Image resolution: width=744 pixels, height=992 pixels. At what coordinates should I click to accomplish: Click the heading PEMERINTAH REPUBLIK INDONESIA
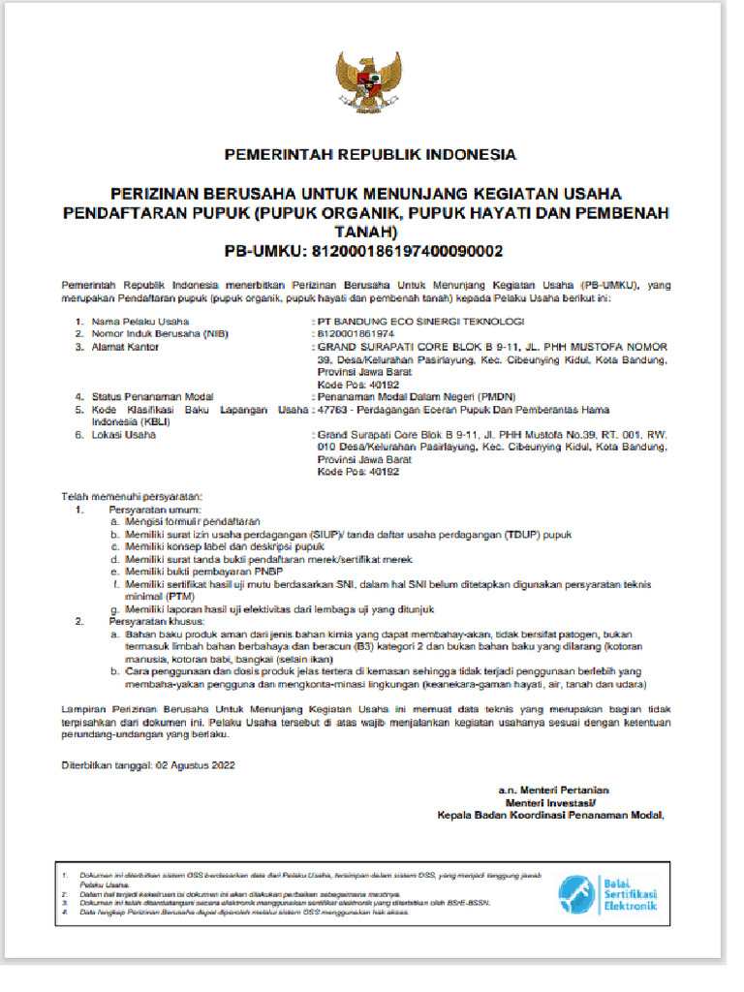pyautogui.click(x=371, y=154)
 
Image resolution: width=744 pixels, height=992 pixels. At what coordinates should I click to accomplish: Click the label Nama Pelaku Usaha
pyautogui.click(x=140, y=321)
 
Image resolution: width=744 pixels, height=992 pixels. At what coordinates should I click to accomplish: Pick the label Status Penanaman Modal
pyautogui.click(x=152, y=396)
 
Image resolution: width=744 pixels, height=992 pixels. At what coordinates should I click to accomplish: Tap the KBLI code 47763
pyautogui.click(x=332, y=410)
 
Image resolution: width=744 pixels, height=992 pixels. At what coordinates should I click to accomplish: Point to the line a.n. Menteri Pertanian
pyautogui.click(x=553, y=790)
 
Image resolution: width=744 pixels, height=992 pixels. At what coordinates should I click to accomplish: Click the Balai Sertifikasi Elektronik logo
pyautogui.click(x=607, y=893)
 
